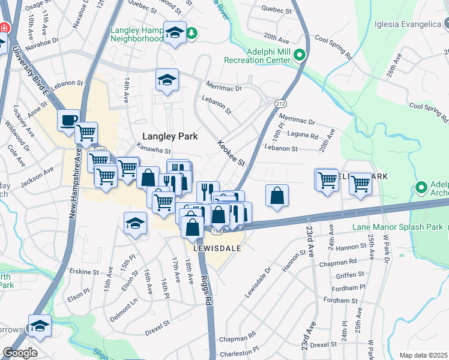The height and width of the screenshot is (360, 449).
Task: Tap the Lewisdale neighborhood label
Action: (x=217, y=247)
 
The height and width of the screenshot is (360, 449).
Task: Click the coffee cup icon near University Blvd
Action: (x=68, y=121)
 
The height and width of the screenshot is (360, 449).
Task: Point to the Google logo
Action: (x=20, y=353)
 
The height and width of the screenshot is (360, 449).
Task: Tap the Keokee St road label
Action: (x=231, y=154)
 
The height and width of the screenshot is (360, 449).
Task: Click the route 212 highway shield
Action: (x=280, y=104)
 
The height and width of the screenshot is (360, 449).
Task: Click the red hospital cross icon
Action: (x=5, y=28)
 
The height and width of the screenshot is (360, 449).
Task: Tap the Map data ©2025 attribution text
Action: (x=424, y=355)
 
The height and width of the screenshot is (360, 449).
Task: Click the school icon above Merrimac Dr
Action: (x=167, y=80)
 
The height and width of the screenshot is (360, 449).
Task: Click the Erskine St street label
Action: (x=85, y=271)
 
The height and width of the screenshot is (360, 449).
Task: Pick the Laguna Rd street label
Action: (x=303, y=136)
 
